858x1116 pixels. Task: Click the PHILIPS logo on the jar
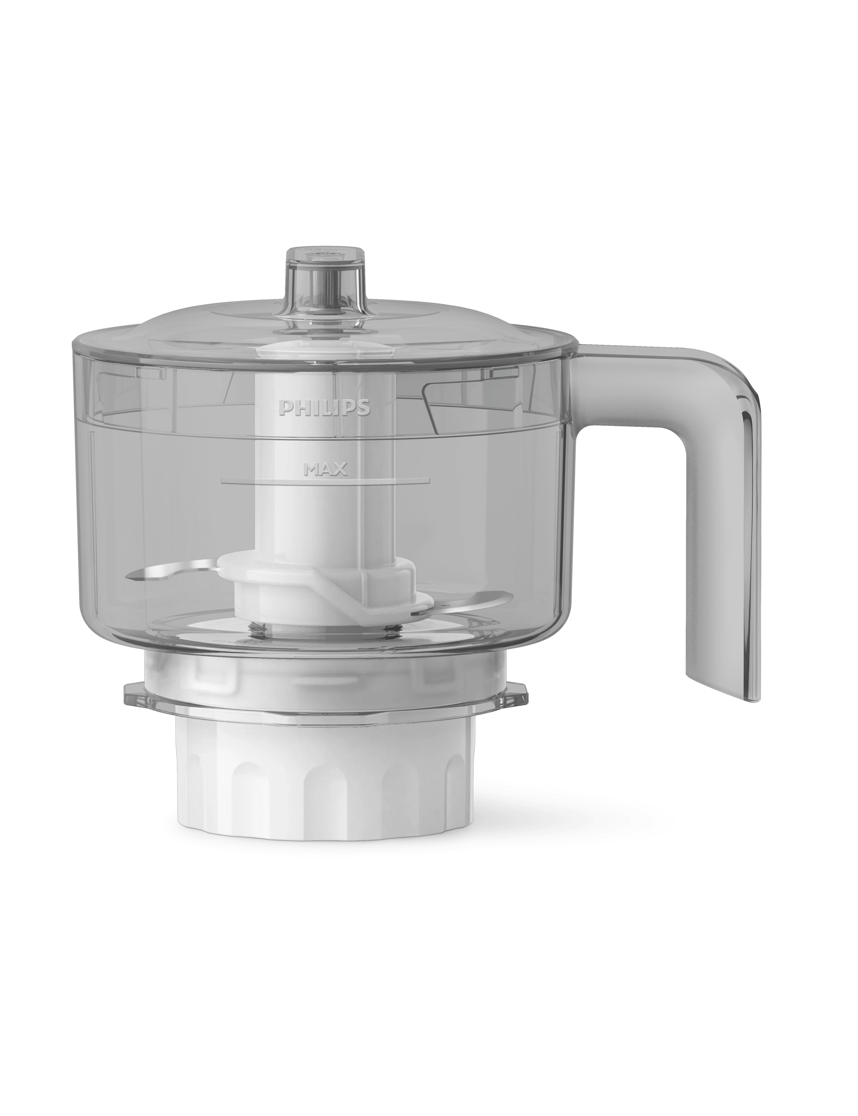(324, 408)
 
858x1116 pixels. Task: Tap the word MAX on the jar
(325, 469)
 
